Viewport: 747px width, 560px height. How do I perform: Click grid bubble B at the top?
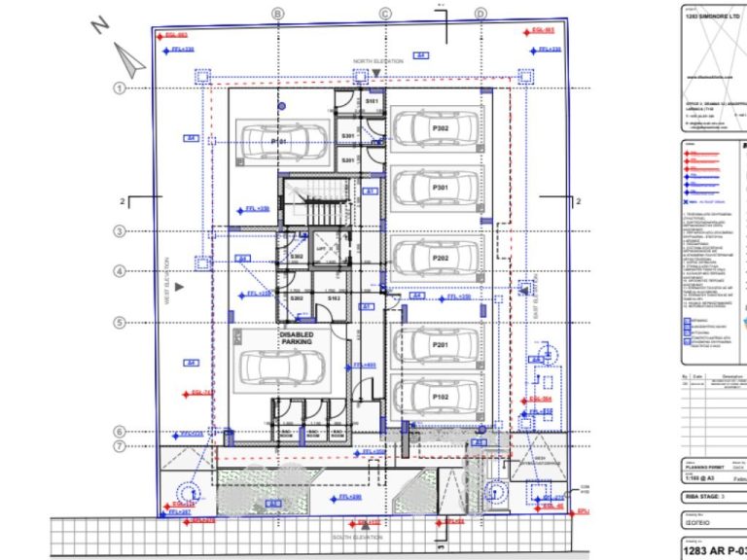coord(278,14)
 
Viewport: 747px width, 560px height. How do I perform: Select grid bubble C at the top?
coord(385,14)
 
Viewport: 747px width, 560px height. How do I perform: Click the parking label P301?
coord(440,187)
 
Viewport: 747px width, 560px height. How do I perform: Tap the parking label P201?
coord(440,345)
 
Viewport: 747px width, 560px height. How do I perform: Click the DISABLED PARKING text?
coord(297,338)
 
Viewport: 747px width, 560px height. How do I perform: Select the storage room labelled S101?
coord(372,101)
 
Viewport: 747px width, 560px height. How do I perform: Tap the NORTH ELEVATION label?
coord(377,61)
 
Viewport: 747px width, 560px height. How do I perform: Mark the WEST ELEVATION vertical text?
coord(166,281)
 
